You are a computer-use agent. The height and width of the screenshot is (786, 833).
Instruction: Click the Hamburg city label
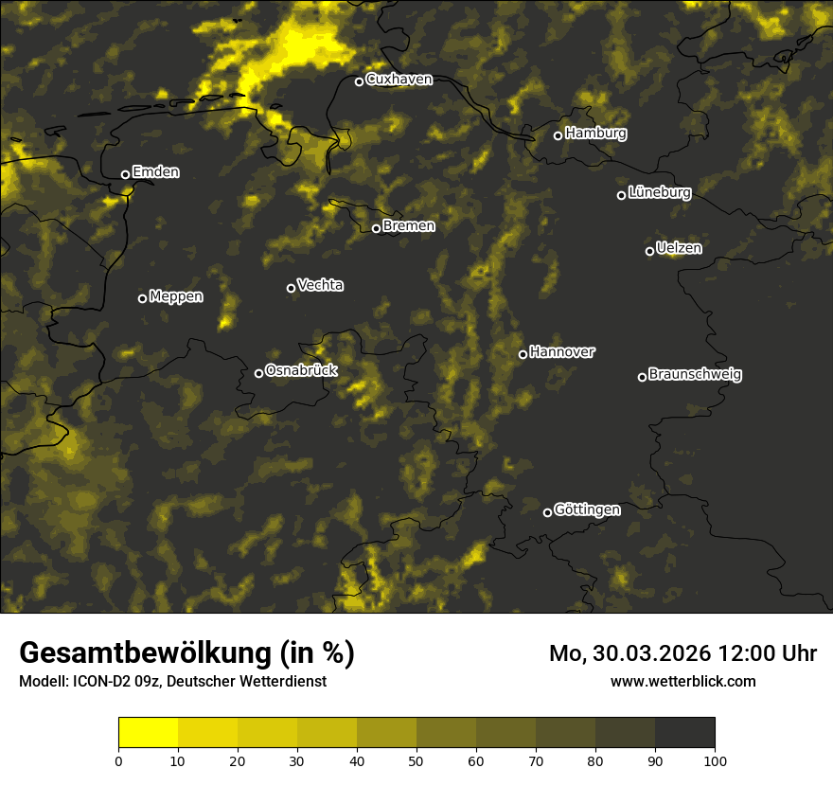[595, 134]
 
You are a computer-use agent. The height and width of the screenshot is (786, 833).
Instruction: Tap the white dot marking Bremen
[376, 228]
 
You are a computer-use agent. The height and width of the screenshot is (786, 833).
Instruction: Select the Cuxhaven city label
[399, 80]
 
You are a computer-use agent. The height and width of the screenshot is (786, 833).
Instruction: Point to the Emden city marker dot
[125, 174]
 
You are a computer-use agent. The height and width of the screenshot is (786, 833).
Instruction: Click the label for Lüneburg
[660, 193]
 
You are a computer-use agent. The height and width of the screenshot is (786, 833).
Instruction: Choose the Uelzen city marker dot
[649, 251]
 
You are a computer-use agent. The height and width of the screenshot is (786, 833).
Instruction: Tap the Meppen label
[176, 297]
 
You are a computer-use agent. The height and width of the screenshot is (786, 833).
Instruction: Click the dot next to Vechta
[291, 288]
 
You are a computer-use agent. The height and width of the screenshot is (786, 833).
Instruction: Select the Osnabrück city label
[301, 371]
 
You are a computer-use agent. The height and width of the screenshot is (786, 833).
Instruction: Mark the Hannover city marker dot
[523, 354]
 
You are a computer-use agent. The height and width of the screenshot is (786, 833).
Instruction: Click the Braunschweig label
[695, 375]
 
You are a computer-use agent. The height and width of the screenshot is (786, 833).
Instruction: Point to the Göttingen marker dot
[547, 512]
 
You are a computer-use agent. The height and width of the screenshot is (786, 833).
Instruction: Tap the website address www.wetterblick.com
[682, 681]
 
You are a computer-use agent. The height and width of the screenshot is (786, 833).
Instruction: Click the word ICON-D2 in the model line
[97, 681]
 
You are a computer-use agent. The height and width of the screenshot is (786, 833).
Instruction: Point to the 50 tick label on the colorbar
[416, 759]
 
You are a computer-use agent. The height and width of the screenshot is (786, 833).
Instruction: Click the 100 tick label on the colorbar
[715, 759]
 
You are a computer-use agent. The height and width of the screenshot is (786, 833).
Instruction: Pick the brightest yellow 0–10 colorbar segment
[149, 733]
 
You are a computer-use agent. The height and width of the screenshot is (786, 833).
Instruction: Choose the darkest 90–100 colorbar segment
[684, 733]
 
